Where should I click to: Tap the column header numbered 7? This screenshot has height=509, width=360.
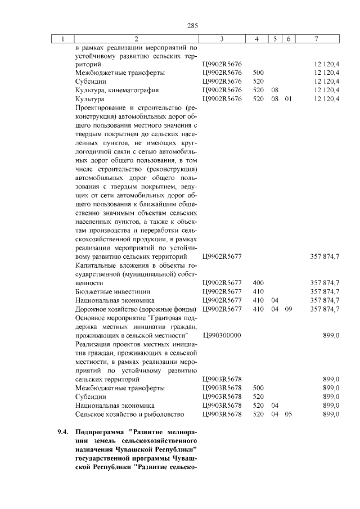point(318,39)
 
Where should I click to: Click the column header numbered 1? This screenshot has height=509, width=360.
point(63,39)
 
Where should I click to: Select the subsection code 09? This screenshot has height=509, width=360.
point(288,309)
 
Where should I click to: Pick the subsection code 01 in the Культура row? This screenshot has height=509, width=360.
point(288,98)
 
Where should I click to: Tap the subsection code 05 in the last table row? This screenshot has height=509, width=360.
point(288,415)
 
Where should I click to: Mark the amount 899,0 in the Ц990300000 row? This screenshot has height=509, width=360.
point(331,335)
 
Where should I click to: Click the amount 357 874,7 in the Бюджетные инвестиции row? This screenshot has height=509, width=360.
point(325,291)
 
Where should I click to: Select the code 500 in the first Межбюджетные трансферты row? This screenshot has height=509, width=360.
point(259,73)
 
